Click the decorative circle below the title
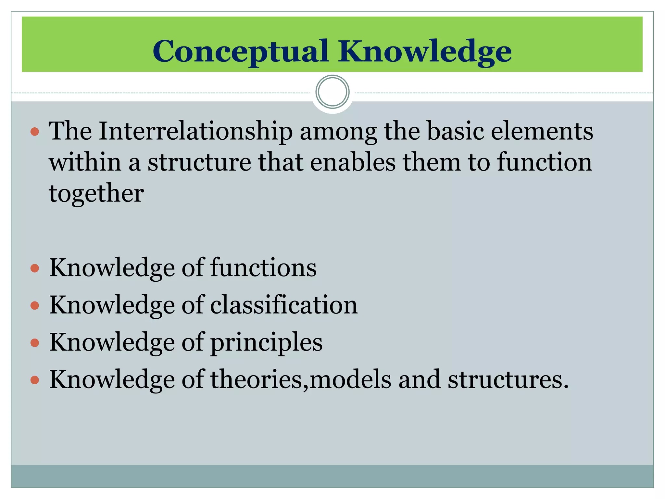pos(332,92)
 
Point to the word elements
pos(542,131)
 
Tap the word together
pos(96,193)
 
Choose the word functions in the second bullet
pos(263,268)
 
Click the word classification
pos(284,305)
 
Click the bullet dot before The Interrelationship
pos(35,132)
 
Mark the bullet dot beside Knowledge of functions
pos(35,268)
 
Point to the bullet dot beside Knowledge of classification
pos(35,306)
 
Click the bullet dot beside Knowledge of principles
pos(35,343)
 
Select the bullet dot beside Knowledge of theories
pos(35,380)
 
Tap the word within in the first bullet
pos(85,162)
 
